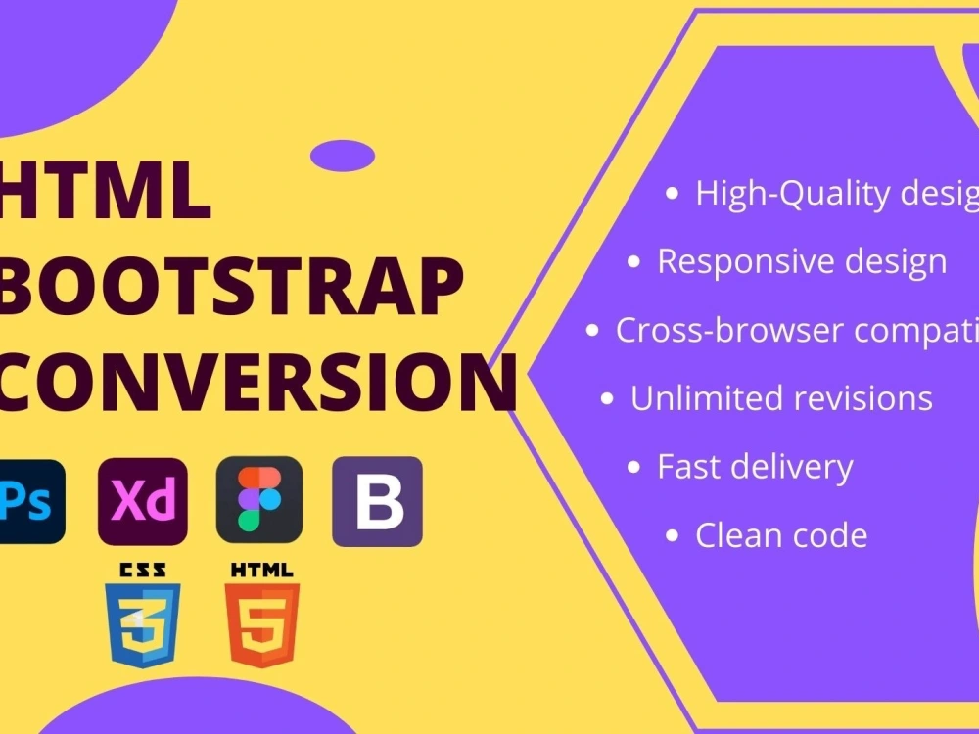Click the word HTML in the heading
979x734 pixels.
[106, 193]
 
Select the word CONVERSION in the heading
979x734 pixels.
[256, 381]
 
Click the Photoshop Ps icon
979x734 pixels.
[29, 501]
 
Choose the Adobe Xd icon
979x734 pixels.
[142, 501]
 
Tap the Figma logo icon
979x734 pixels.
[259, 501]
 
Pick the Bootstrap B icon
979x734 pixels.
[378, 501]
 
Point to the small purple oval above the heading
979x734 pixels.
[343, 156]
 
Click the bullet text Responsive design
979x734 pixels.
[801, 261]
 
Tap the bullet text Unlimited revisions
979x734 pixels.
[780, 398]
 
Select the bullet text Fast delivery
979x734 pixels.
[755, 467]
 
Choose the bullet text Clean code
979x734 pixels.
[780, 535]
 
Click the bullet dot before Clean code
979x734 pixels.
[672, 536]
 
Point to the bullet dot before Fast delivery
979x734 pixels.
[633, 468]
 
